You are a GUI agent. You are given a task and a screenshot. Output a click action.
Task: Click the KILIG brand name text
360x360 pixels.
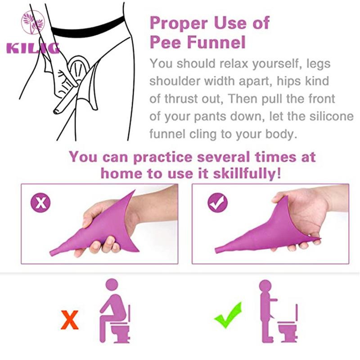(x=33, y=48)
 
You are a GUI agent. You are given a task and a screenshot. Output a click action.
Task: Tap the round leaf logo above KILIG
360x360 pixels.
(x=33, y=22)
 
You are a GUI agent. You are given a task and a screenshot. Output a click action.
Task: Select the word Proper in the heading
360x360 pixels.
(x=179, y=23)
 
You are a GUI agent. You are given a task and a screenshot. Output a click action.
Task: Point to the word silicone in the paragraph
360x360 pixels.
(x=331, y=116)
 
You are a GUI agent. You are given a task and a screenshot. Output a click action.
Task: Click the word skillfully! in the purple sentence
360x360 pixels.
(x=247, y=174)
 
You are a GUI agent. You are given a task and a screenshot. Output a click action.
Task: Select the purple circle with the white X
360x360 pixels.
(x=40, y=202)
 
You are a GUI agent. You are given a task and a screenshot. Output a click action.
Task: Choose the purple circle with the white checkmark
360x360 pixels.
(x=218, y=202)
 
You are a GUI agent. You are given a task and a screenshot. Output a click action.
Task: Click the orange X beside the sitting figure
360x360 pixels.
(x=70, y=319)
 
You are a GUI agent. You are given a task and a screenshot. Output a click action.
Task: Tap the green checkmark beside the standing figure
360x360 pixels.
(x=228, y=315)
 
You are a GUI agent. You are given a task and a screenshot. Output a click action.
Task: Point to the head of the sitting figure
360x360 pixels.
(x=112, y=285)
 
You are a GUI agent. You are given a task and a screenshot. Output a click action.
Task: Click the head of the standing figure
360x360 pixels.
(x=265, y=286)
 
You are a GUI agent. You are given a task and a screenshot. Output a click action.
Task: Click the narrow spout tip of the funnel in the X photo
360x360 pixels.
(x=52, y=253)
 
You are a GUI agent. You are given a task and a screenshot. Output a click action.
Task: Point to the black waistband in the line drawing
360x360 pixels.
(x=87, y=28)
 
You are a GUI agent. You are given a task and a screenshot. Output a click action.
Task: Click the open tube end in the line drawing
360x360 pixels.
(x=56, y=111)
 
